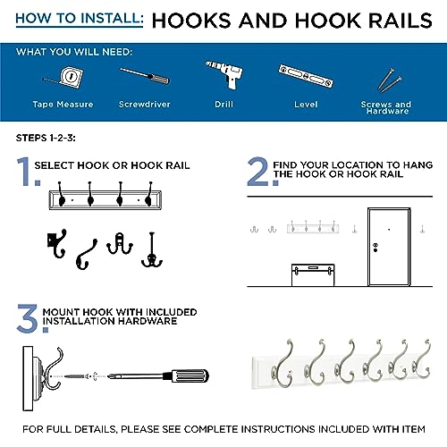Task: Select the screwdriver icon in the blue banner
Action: click(x=145, y=76)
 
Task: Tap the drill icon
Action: click(x=225, y=74)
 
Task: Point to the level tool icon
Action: click(x=306, y=76)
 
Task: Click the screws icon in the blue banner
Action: click(x=389, y=80)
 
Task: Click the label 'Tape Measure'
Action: click(x=63, y=105)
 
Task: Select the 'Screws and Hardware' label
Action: click(x=386, y=107)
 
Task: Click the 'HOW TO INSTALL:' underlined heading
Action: click(x=80, y=19)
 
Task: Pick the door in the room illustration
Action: click(x=389, y=247)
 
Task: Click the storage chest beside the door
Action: click(x=313, y=274)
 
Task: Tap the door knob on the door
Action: click(x=375, y=248)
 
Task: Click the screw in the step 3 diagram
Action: click(x=77, y=376)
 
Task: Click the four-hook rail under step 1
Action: click(x=105, y=196)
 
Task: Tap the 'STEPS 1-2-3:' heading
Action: click(x=46, y=138)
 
